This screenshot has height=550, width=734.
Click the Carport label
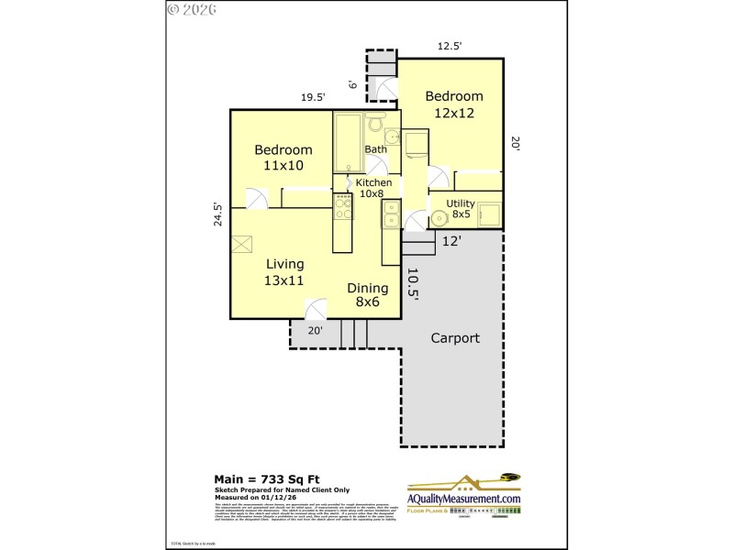pos(455,338)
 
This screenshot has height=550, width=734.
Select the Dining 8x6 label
pos(367,294)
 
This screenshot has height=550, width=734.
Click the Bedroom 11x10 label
pos(284,158)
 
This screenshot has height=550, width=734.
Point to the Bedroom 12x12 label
pos(453,104)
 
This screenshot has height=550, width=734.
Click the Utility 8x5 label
pos(461,209)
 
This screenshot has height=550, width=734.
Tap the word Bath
pos(376,149)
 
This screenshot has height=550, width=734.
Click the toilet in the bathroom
pos(374,126)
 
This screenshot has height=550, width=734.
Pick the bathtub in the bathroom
pos(348,142)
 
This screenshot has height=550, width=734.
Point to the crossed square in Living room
pos(242,244)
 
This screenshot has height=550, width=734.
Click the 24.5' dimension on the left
pos(218,214)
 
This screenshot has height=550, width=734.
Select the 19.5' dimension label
pos(313,98)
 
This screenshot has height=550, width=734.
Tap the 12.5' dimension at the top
pos(450,45)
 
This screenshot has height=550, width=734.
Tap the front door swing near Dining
pos(316,309)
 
